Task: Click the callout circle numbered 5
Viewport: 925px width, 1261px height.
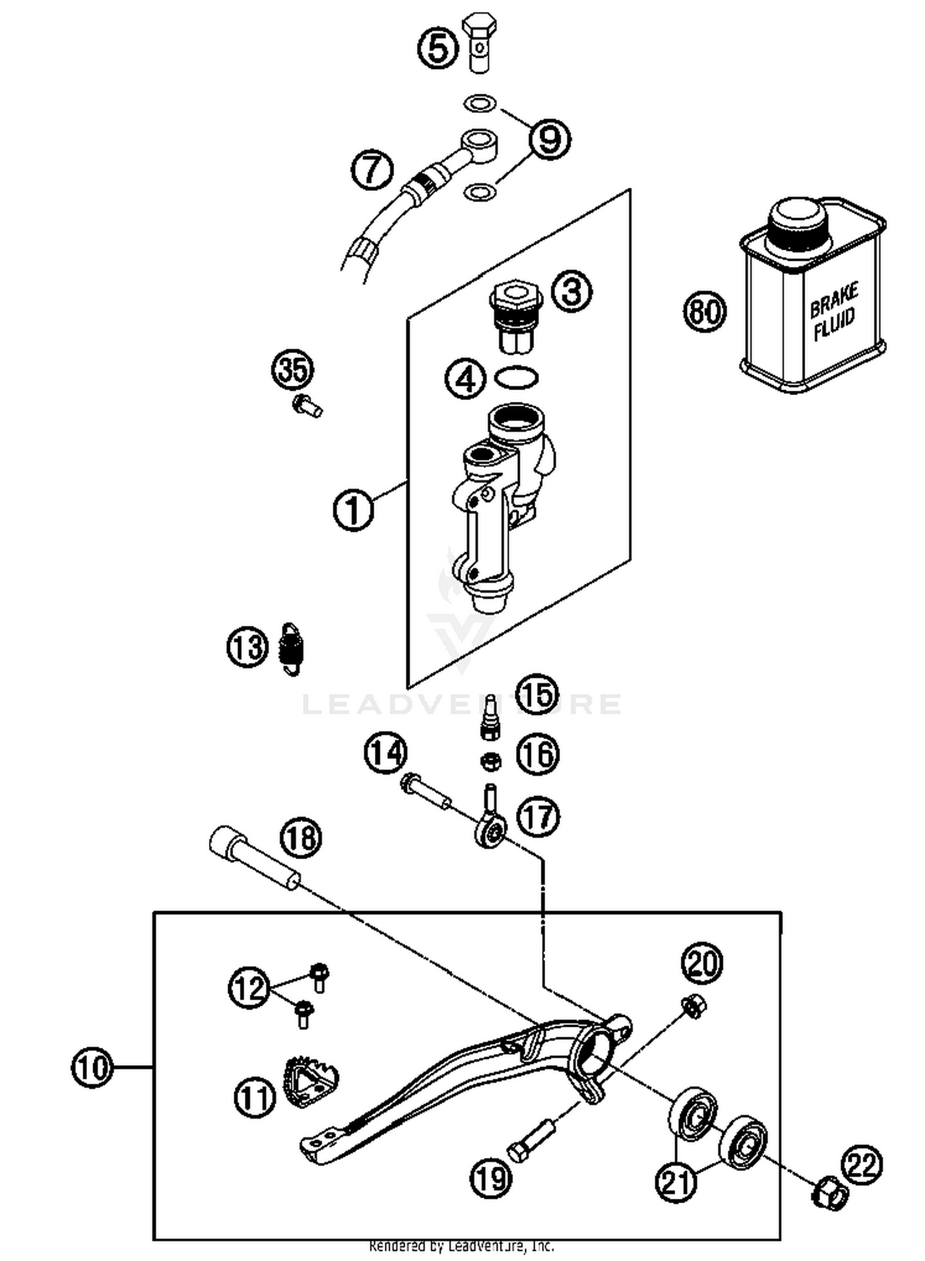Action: (438, 49)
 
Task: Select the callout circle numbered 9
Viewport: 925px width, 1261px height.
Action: (549, 139)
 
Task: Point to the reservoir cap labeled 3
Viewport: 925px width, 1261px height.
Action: (517, 317)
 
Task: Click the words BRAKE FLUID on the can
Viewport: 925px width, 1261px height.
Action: (834, 311)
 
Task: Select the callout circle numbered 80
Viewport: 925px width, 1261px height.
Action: (704, 311)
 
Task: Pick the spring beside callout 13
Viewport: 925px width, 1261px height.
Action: (292, 648)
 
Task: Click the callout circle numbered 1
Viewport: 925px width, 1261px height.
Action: (353, 510)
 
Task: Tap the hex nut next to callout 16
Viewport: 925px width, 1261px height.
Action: (490, 762)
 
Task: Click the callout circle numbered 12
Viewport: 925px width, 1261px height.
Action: (249, 988)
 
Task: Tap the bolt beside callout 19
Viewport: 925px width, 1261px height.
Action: (531, 1142)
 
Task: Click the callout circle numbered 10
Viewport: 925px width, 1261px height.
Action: (92, 1066)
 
